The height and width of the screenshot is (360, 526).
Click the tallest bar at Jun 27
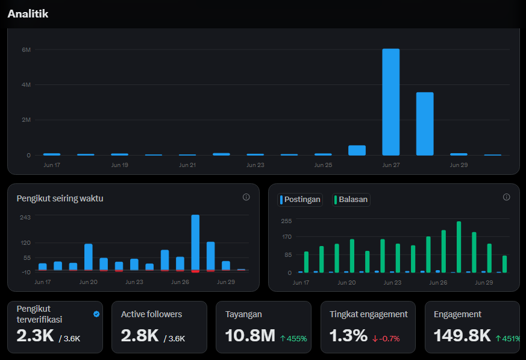pos(391,102)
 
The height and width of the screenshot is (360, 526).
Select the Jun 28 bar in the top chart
pos(425,124)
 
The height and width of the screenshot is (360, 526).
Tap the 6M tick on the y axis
pos(26,49)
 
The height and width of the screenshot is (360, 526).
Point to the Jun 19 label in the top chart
pos(120,165)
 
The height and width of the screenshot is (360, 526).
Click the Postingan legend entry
pos(300,200)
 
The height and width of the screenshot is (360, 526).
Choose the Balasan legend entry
pos(351,200)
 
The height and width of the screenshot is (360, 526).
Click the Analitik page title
pos(28,14)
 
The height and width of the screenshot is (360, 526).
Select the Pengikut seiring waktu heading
pos(60,198)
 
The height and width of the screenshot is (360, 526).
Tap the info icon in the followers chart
pos(246,197)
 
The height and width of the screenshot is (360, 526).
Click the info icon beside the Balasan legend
pos(507,197)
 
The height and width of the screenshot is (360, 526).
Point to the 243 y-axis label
pos(25,217)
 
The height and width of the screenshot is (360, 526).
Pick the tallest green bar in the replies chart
pos(459,247)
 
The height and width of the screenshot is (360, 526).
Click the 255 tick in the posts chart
pos(286,221)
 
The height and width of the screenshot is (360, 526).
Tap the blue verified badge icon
pos(96,314)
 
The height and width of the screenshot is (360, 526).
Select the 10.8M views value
pos(250,335)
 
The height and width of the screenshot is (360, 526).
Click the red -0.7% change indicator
pos(386,338)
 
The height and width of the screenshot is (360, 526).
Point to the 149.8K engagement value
pos(462,335)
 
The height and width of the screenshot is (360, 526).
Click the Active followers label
pos(152,314)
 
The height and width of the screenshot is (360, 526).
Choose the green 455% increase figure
pos(293,338)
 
